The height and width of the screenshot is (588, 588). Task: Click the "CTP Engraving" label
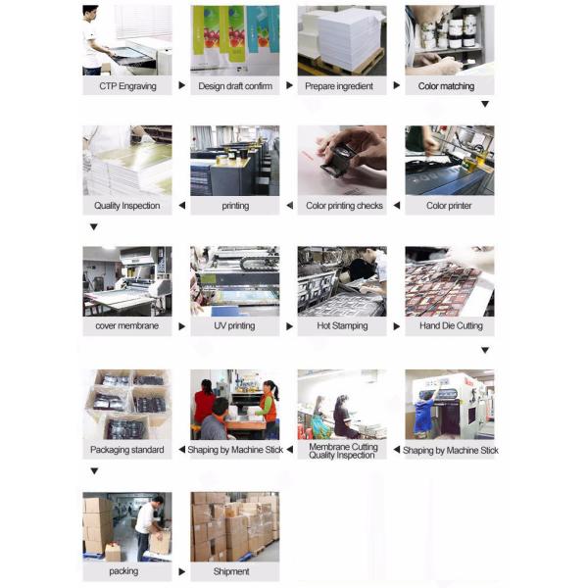(126, 86)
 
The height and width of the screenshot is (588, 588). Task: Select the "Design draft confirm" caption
(234, 86)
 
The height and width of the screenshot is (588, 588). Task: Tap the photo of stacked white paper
(342, 40)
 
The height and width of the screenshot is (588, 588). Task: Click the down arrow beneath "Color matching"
(484, 104)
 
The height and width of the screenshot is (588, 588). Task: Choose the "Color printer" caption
(449, 206)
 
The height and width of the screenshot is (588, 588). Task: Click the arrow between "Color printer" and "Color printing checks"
(396, 206)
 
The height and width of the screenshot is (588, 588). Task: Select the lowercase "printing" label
(235, 206)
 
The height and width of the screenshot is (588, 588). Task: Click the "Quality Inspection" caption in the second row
(126, 206)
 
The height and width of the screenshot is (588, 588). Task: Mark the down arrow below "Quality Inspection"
(94, 226)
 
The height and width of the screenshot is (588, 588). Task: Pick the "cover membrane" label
(126, 325)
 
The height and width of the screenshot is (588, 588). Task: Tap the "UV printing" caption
(234, 325)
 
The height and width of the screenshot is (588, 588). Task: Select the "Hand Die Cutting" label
(451, 325)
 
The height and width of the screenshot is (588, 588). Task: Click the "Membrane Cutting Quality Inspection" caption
(342, 451)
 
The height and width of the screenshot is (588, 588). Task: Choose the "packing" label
(123, 570)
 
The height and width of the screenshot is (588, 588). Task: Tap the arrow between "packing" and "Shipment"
(181, 570)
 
